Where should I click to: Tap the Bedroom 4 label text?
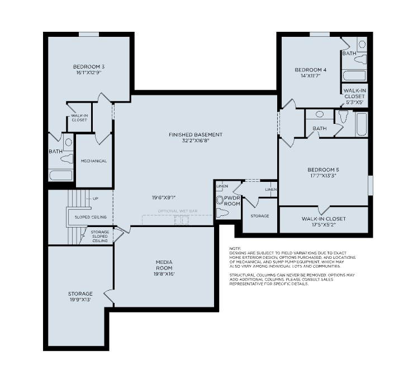click(x=310, y=70)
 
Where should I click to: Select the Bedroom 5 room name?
click(x=323, y=169)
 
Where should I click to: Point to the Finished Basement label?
click(x=196, y=134)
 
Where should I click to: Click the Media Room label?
click(x=164, y=262)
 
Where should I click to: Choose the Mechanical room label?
click(x=94, y=161)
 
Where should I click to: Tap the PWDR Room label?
click(x=232, y=201)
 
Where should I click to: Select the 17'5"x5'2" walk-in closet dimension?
click(x=323, y=225)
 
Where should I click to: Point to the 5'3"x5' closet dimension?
click(x=355, y=102)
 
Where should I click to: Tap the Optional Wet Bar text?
click(x=177, y=211)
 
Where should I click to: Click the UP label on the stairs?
click(x=95, y=199)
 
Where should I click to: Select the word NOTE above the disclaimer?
click(x=235, y=248)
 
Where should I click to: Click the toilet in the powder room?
click(x=222, y=213)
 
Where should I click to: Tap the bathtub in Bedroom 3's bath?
click(x=61, y=175)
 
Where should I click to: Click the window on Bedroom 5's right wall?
click(x=370, y=185)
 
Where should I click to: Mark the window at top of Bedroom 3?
click(x=89, y=35)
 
